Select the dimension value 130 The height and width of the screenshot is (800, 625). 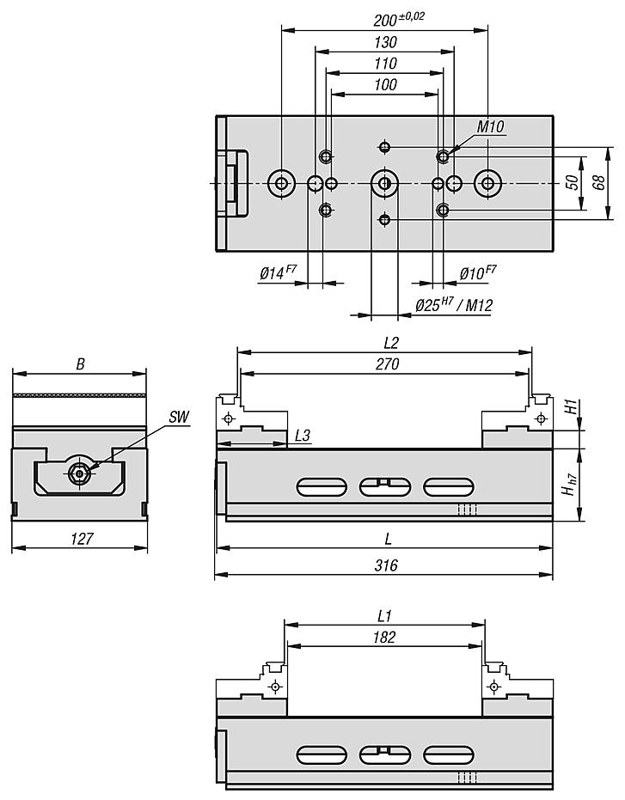[x=385, y=42]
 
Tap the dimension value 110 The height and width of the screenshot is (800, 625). [x=385, y=64]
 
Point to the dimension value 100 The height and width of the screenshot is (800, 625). [x=385, y=84]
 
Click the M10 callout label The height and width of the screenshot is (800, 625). [x=491, y=127]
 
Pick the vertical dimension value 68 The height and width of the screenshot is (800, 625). [x=600, y=181]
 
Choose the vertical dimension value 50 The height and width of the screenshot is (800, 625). [x=572, y=181]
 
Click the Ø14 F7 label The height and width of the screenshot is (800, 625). [x=278, y=273]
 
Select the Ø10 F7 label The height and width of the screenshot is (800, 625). [x=478, y=273]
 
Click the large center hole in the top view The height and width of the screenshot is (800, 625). [x=383, y=182]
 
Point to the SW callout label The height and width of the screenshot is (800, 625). [x=179, y=417]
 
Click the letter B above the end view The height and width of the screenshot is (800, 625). [x=80, y=364]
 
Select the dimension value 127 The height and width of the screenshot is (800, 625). [x=80, y=539]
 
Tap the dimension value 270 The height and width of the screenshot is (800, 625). [x=386, y=363]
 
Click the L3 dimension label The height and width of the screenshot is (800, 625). [x=302, y=437]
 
